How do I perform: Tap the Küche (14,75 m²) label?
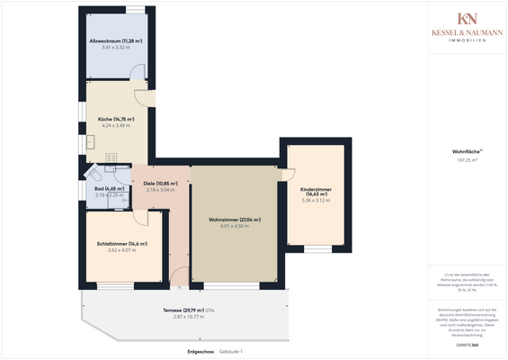[x=117, y=119]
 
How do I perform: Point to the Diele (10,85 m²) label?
[x=160, y=184]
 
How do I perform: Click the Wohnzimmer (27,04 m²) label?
[x=234, y=220]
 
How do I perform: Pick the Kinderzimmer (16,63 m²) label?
[x=316, y=192]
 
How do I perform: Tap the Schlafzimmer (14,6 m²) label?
[x=121, y=243]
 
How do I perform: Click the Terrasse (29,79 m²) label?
[x=179, y=310]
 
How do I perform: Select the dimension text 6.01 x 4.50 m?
[x=234, y=227]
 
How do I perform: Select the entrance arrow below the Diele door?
[x=179, y=289]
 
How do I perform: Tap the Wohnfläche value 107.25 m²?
[x=467, y=160]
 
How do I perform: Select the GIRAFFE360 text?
[x=467, y=345]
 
